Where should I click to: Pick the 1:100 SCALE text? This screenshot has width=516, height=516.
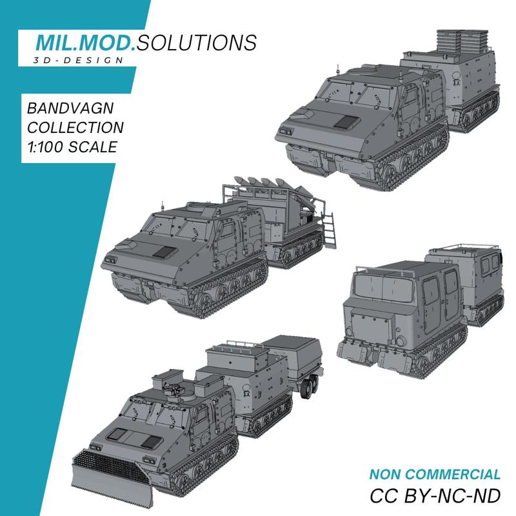(68, 146)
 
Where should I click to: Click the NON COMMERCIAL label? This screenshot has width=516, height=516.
(435, 475)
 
